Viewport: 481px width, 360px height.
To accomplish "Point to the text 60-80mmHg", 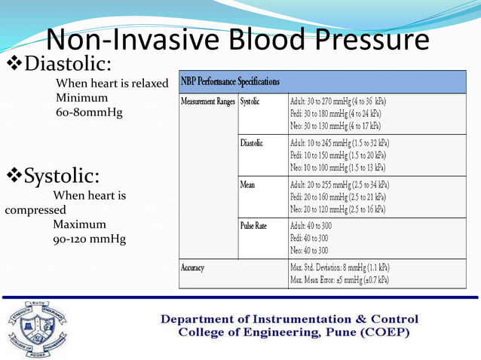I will (89, 112).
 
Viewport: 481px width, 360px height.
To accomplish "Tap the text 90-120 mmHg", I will (89, 239).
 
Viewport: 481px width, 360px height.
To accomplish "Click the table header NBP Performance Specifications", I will (230, 81).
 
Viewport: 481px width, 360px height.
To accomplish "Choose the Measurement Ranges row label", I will (207, 100).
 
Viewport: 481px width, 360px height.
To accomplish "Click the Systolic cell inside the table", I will (251, 100).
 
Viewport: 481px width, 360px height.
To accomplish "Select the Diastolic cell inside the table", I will (253, 142).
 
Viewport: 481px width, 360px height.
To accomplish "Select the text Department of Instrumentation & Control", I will (289, 319).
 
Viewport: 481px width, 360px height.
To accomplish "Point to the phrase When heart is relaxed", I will (112, 83).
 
